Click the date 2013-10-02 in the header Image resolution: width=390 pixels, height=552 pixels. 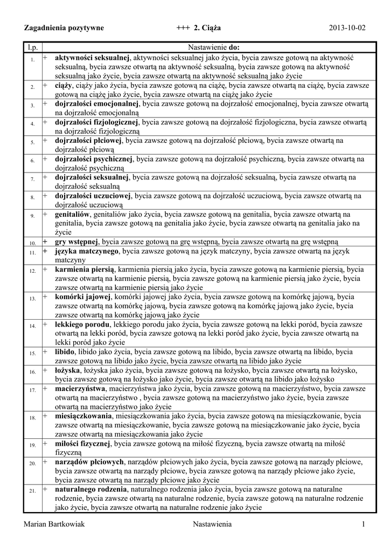point(347,27)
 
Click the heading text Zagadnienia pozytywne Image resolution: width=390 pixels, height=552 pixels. point(64,27)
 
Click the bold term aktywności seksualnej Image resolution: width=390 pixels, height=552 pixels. point(92,57)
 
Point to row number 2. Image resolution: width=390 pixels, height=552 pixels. point(32,86)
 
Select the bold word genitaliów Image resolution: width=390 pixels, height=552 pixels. point(73,215)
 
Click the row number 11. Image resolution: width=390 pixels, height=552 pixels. point(32,252)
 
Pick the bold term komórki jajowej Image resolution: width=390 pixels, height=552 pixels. point(83,296)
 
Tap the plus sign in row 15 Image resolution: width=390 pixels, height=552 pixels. point(46,351)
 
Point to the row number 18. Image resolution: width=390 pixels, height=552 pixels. point(32,417)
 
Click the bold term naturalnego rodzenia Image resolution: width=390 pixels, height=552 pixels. point(91,489)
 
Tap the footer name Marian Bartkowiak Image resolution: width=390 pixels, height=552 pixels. point(55,525)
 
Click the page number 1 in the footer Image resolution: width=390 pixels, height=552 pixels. point(364,525)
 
